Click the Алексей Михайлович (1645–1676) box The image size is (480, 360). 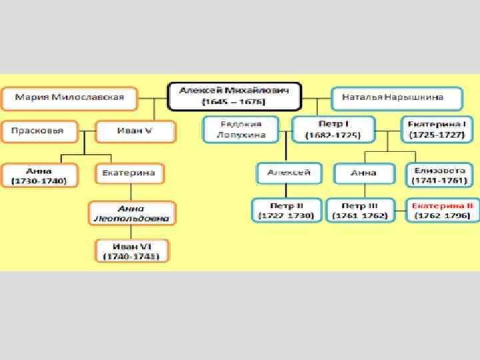click(x=234, y=97)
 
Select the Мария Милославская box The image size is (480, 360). click(x=70, y=98)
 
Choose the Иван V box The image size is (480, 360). click(x=135, y=131)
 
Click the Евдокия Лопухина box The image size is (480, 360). click(x=241, y=129)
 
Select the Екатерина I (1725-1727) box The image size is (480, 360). click(x=436, y=129)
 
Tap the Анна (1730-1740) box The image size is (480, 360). click(x=39, y=174)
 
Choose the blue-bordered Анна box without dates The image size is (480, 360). click(x=364, y=173)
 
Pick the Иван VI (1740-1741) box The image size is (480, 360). click(x=131, y=251)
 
